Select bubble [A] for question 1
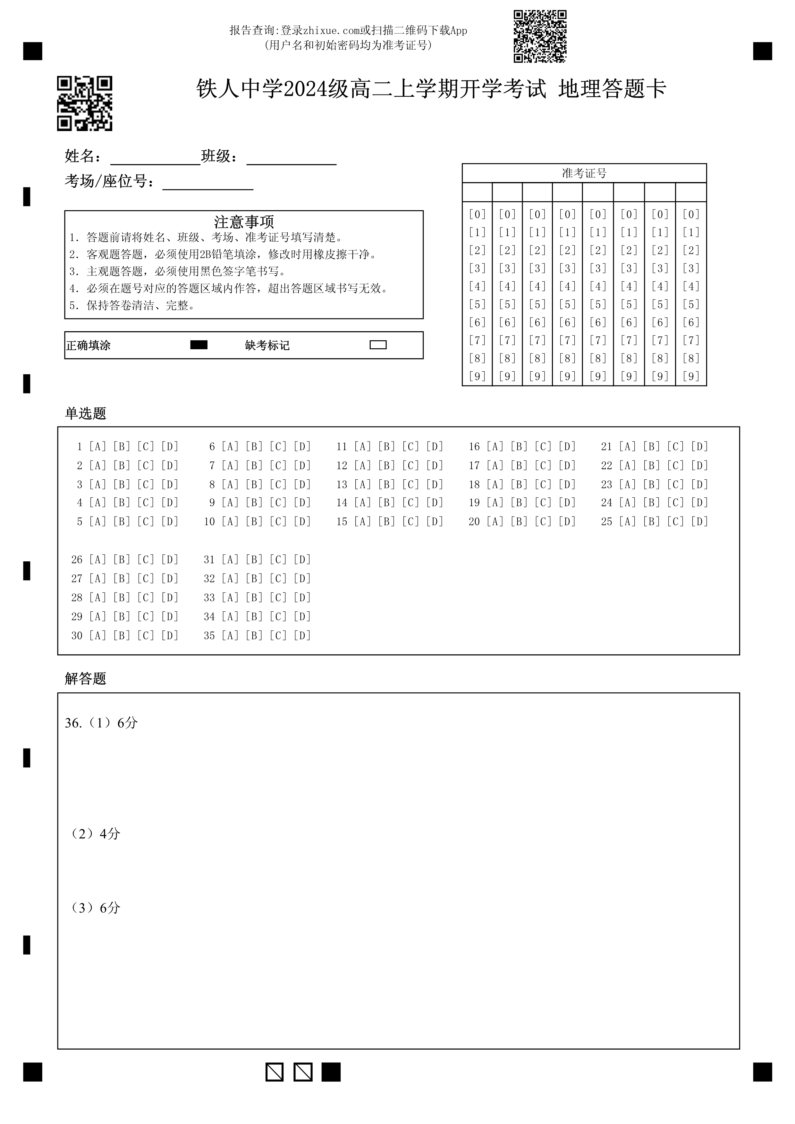pos(97,446)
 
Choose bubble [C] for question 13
pos(410,484)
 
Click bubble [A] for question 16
pos(495,446)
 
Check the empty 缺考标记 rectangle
pos(378,345)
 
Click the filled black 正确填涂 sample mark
pos(199,345)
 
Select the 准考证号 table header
pos(584,173)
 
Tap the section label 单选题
pos(85,414)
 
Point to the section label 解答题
pos(85,679)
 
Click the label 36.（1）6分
pos(101,723)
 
